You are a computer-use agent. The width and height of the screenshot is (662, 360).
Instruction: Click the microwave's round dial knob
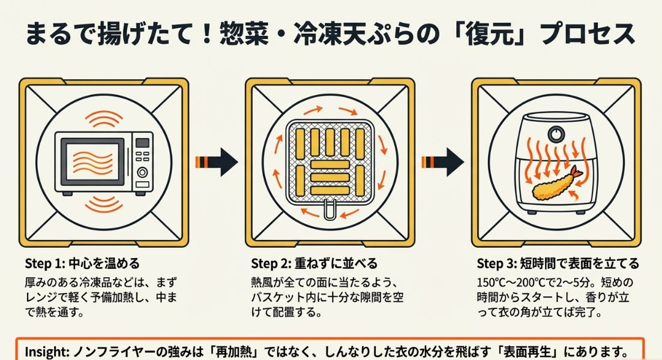click(x=142, y=172)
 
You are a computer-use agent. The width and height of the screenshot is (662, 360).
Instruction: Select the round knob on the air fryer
click(x=556, y=133)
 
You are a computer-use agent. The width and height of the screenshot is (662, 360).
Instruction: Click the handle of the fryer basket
click(x=329, y=211)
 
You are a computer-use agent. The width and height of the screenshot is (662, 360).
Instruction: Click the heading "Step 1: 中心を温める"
click(x=82, y=264)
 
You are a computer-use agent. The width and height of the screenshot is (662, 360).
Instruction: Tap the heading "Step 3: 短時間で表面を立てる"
click(x=558, y=264)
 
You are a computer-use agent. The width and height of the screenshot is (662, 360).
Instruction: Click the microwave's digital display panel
click(x=142, y=143)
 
